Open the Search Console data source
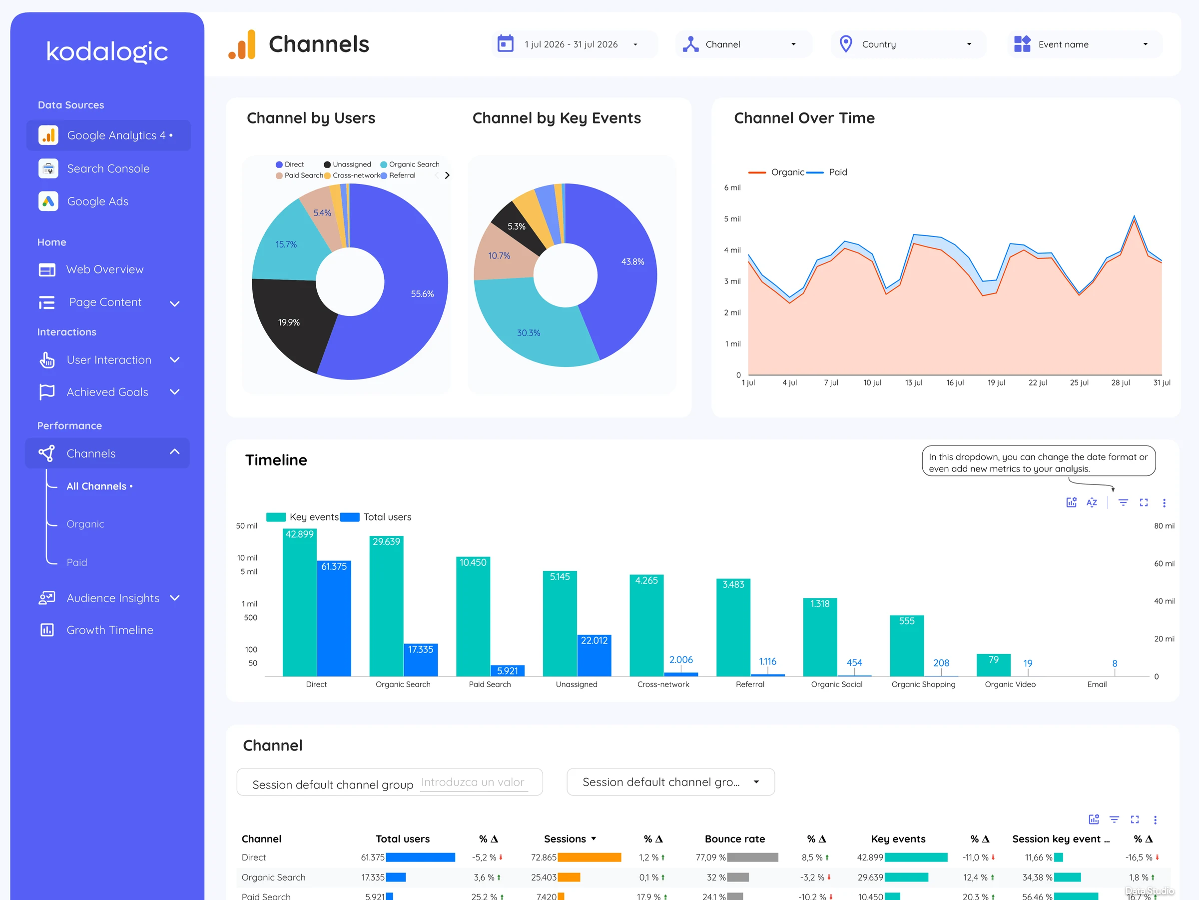(108, 168)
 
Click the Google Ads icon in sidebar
(48, 201)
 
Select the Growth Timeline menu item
(109, 630)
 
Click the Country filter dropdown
(908, 44)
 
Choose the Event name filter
(1084, 44)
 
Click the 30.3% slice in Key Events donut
(529, 331)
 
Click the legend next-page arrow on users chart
(447, 175)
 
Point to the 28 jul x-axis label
(1121, 382)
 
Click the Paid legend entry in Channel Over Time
(828, 172)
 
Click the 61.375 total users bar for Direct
(334, 618)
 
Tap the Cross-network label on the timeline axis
(663, 684)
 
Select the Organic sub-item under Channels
(85, 524)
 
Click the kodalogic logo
(107, 51)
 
